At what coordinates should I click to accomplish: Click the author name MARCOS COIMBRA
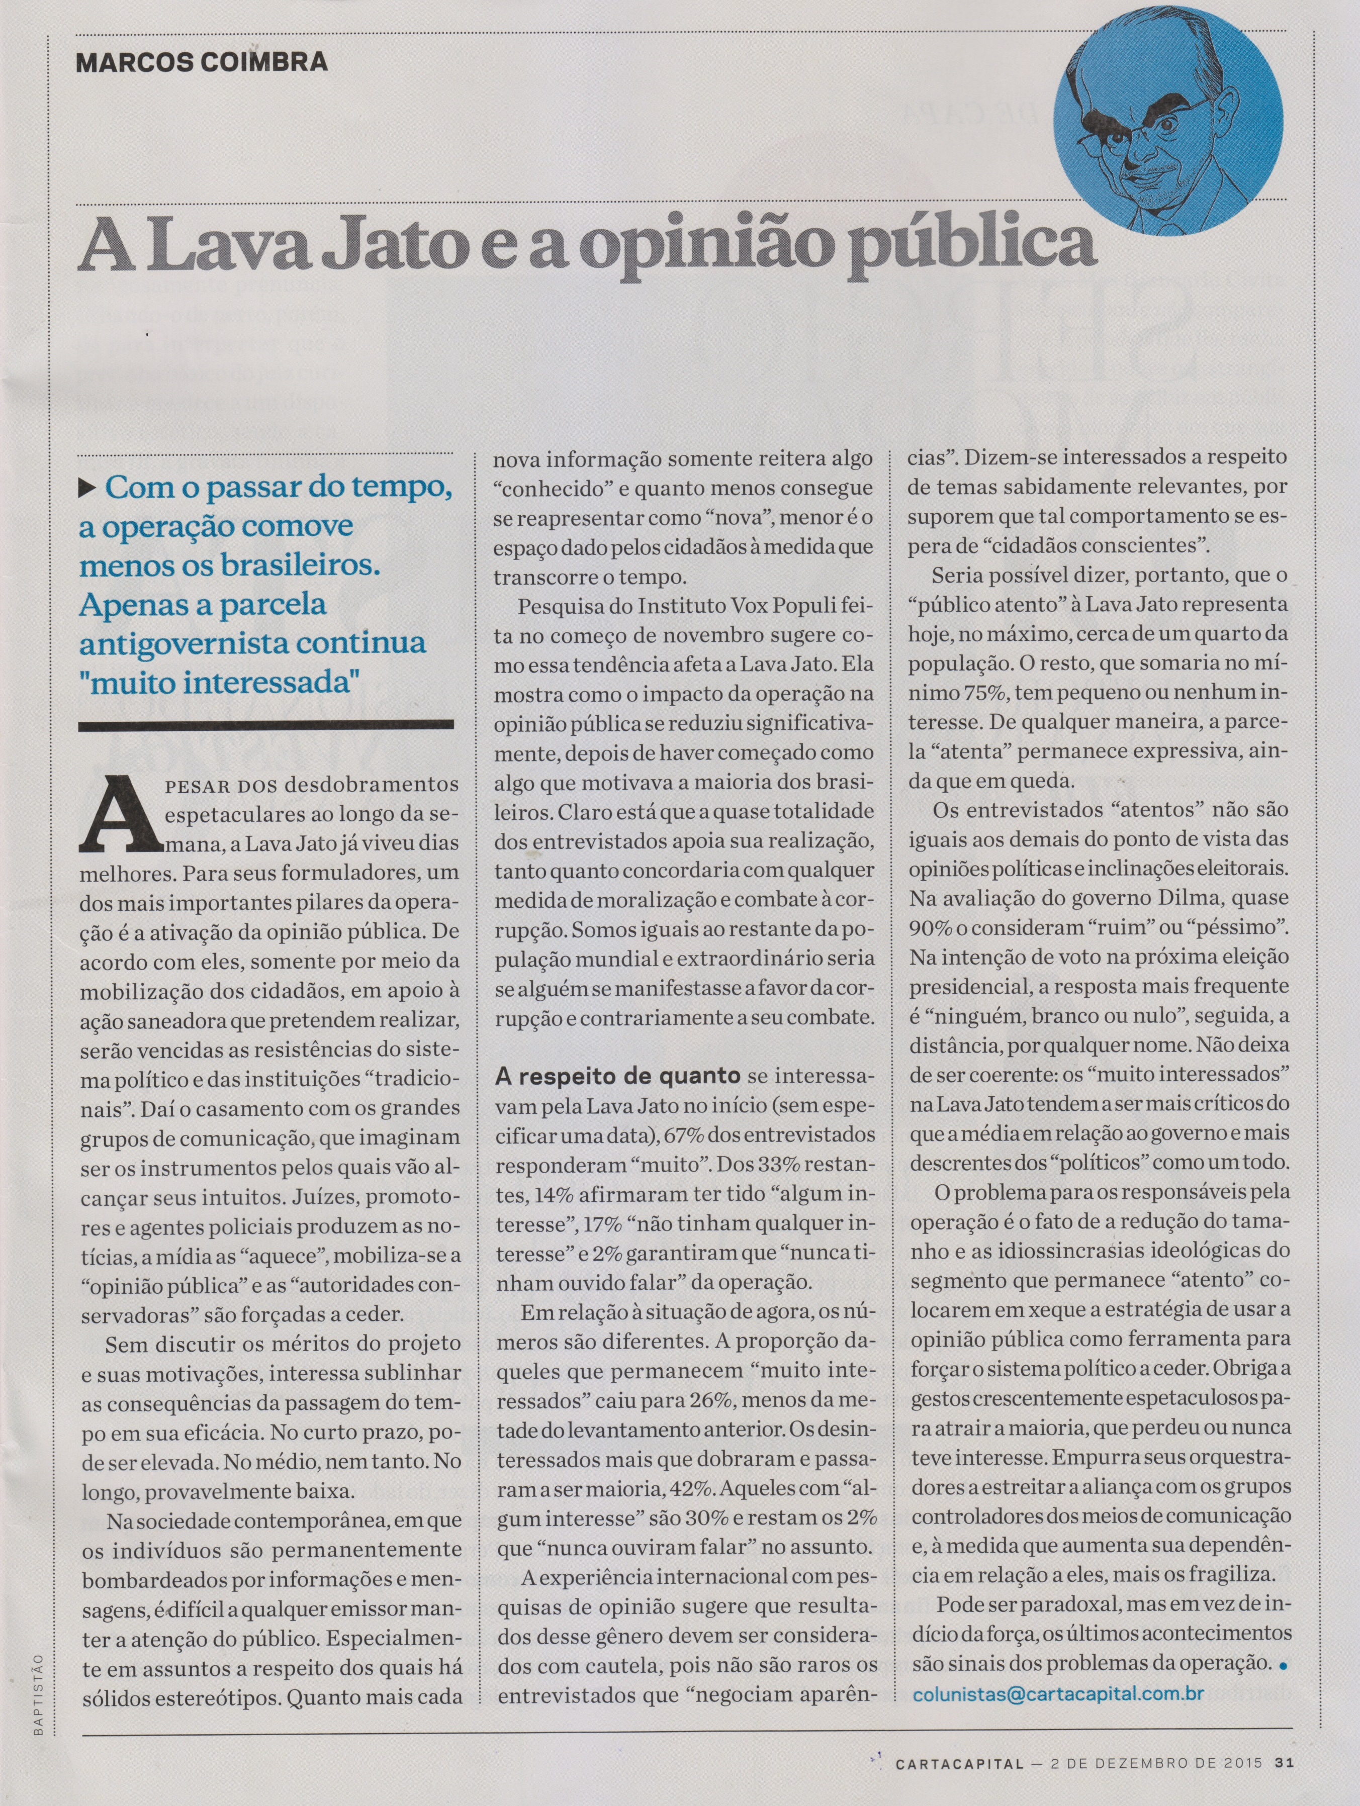201,62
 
